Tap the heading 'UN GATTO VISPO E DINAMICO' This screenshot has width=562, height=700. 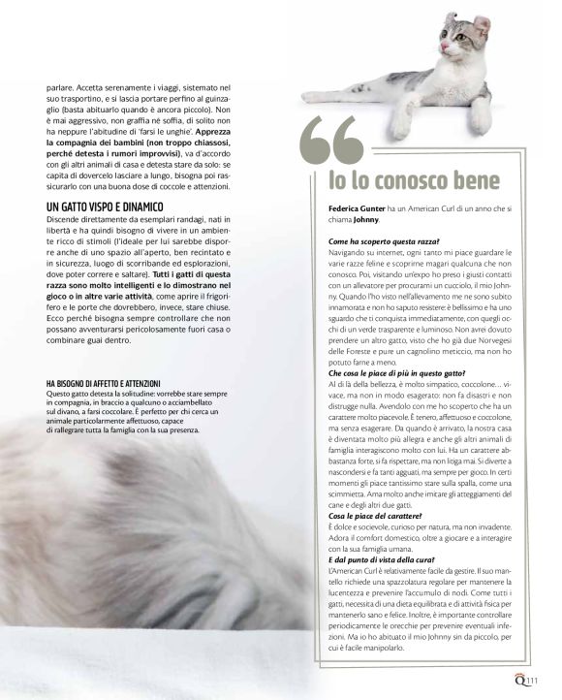tap(106, 207)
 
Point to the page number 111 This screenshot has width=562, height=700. tap(533, 682)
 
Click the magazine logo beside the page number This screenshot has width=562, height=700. tap(519, 681)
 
